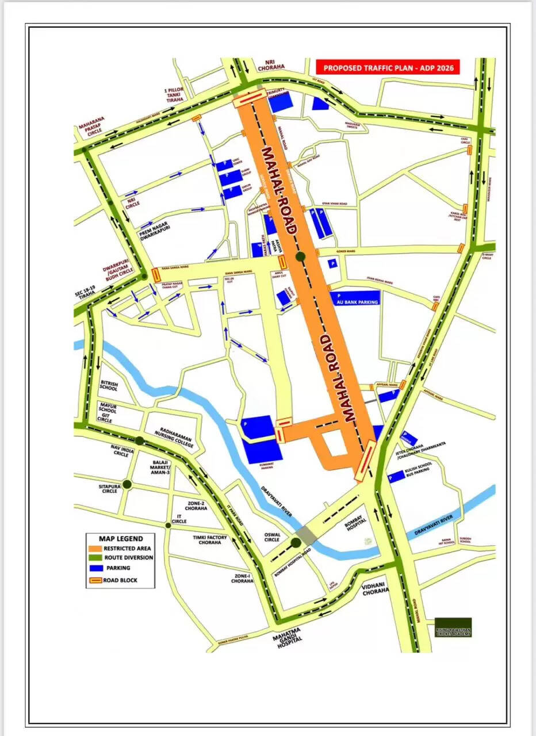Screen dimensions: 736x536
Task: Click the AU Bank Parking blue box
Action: coord(355,300)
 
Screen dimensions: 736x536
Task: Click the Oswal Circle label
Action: coord(271,536)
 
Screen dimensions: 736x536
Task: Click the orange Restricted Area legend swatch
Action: coord(94,549)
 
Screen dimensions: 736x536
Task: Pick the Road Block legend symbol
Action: coord(94,580)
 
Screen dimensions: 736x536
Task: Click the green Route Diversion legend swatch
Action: coord(94,558)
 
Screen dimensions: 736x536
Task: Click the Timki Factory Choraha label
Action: coord(210,539)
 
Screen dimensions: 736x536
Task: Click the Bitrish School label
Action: coord(108,385)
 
